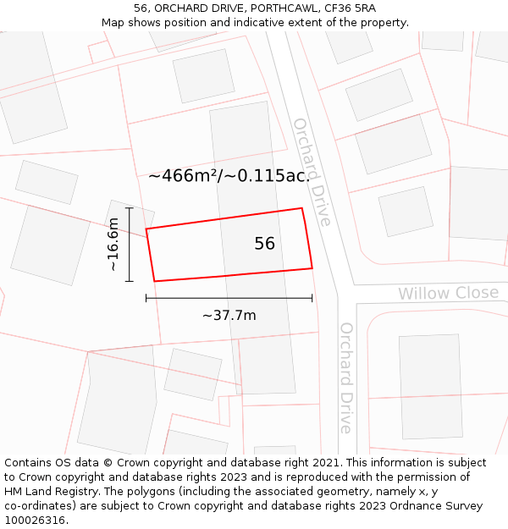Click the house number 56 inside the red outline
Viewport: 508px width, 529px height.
(264, 244)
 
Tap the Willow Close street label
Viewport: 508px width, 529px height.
(448, 294)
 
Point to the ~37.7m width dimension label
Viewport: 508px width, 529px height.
(229, 316)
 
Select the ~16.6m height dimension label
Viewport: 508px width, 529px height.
(113, 245)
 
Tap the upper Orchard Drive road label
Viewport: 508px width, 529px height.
(311, 172)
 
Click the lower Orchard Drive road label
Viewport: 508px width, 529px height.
(345, 377)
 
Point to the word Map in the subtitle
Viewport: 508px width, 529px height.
(113, 22)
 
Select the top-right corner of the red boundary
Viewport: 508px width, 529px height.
(302, 208)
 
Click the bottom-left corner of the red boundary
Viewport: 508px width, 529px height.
(154, 281)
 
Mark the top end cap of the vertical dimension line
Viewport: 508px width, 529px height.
(129, 207)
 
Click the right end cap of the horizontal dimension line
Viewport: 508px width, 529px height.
(312, 298)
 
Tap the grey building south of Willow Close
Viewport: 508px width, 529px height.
(431, 387)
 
